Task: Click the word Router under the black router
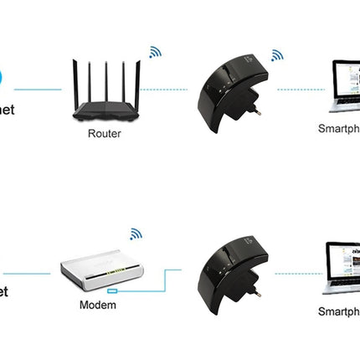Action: click(x=104, y=133)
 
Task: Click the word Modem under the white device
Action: click(x=98, y=305)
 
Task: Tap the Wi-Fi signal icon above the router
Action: click(x=155, y=52)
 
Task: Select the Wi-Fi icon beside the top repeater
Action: click(x=276, y=55)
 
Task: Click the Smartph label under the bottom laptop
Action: click(x=338, y=311)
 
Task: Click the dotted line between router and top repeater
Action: click(x=163, y=89)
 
